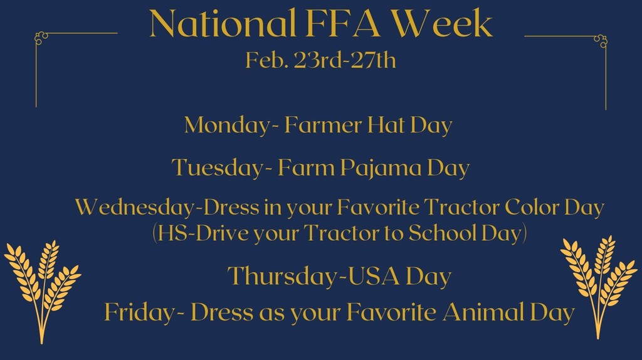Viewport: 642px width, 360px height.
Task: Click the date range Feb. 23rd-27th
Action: (x=320, y=60)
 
